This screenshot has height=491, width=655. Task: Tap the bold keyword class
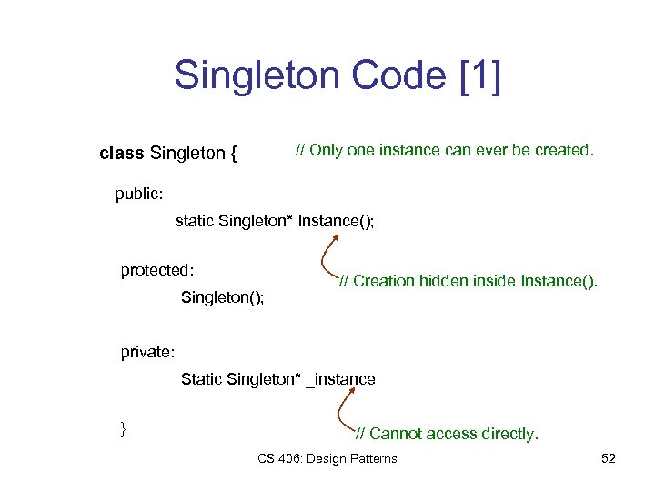121,154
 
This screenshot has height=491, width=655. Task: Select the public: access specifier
139,193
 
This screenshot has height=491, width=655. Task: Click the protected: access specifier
158,270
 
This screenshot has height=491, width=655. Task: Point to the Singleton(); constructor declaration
223,297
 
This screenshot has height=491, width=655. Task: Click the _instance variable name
340,379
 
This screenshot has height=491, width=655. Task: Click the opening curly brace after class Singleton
234,155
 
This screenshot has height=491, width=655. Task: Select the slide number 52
609,458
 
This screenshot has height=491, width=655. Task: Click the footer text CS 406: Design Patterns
327,458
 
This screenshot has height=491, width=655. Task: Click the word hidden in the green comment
442,281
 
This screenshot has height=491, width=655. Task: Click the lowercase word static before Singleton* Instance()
195,221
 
